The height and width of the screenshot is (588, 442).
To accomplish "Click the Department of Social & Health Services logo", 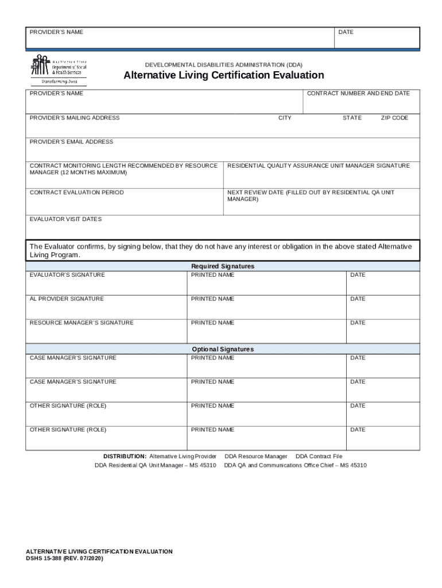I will pos(58,69).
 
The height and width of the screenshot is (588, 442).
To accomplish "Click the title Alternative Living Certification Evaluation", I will pos(224,75).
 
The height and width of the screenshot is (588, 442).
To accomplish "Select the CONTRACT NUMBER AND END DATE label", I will pos(358,93).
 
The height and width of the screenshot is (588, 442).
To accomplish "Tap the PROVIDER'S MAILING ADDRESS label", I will pos(75,118).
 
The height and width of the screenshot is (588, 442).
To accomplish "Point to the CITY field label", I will pos(285,118).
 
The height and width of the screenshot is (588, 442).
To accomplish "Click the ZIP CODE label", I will pos(394,118).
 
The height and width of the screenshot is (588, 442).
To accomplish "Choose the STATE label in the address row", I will pos(352,118).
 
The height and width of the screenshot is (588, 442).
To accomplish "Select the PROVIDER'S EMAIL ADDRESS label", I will pos(71,142).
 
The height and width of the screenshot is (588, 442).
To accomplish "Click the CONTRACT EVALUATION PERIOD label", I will pos(76,192).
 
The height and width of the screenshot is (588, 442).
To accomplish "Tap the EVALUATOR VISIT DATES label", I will pos(65,219).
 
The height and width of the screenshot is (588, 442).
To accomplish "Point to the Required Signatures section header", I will pos(223,266).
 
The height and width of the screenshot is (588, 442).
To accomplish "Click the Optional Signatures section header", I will pos(223,349).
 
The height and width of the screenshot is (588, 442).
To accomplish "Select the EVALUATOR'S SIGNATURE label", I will pos(67,275).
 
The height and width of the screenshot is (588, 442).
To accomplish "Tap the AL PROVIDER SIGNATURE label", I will pos(67,299).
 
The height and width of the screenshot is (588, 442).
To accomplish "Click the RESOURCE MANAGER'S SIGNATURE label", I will pos(81,323).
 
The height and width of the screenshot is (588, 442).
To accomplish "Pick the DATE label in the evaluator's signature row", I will pos(358,275).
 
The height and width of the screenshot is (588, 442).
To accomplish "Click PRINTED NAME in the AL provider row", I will pos(212,299).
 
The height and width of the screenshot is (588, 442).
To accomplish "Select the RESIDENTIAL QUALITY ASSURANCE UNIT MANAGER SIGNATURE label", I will pos(319,165).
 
